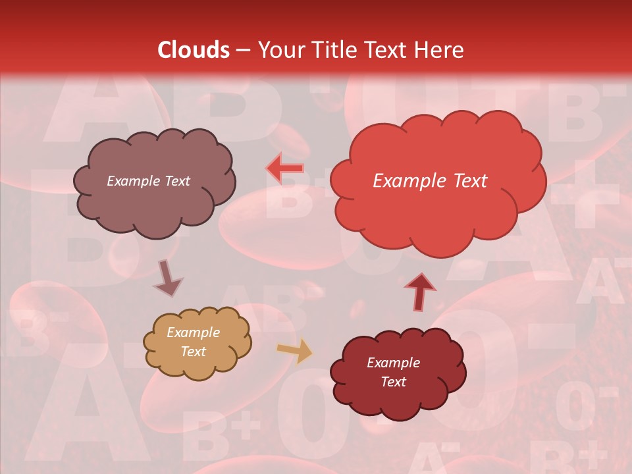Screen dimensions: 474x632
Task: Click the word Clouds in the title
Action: pos(194,50)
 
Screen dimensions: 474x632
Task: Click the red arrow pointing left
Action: pos(285,168)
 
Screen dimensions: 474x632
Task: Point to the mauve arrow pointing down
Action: pos(168,278)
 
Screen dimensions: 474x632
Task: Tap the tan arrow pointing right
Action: pos(295,352)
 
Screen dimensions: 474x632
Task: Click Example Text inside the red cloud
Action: pos(430,181)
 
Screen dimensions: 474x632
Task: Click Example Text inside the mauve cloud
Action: pos(148,181)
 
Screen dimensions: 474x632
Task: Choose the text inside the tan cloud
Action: pos(193,342)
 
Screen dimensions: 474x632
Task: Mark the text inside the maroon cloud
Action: pos(393,373)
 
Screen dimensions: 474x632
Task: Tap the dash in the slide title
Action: pos(242,50)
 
